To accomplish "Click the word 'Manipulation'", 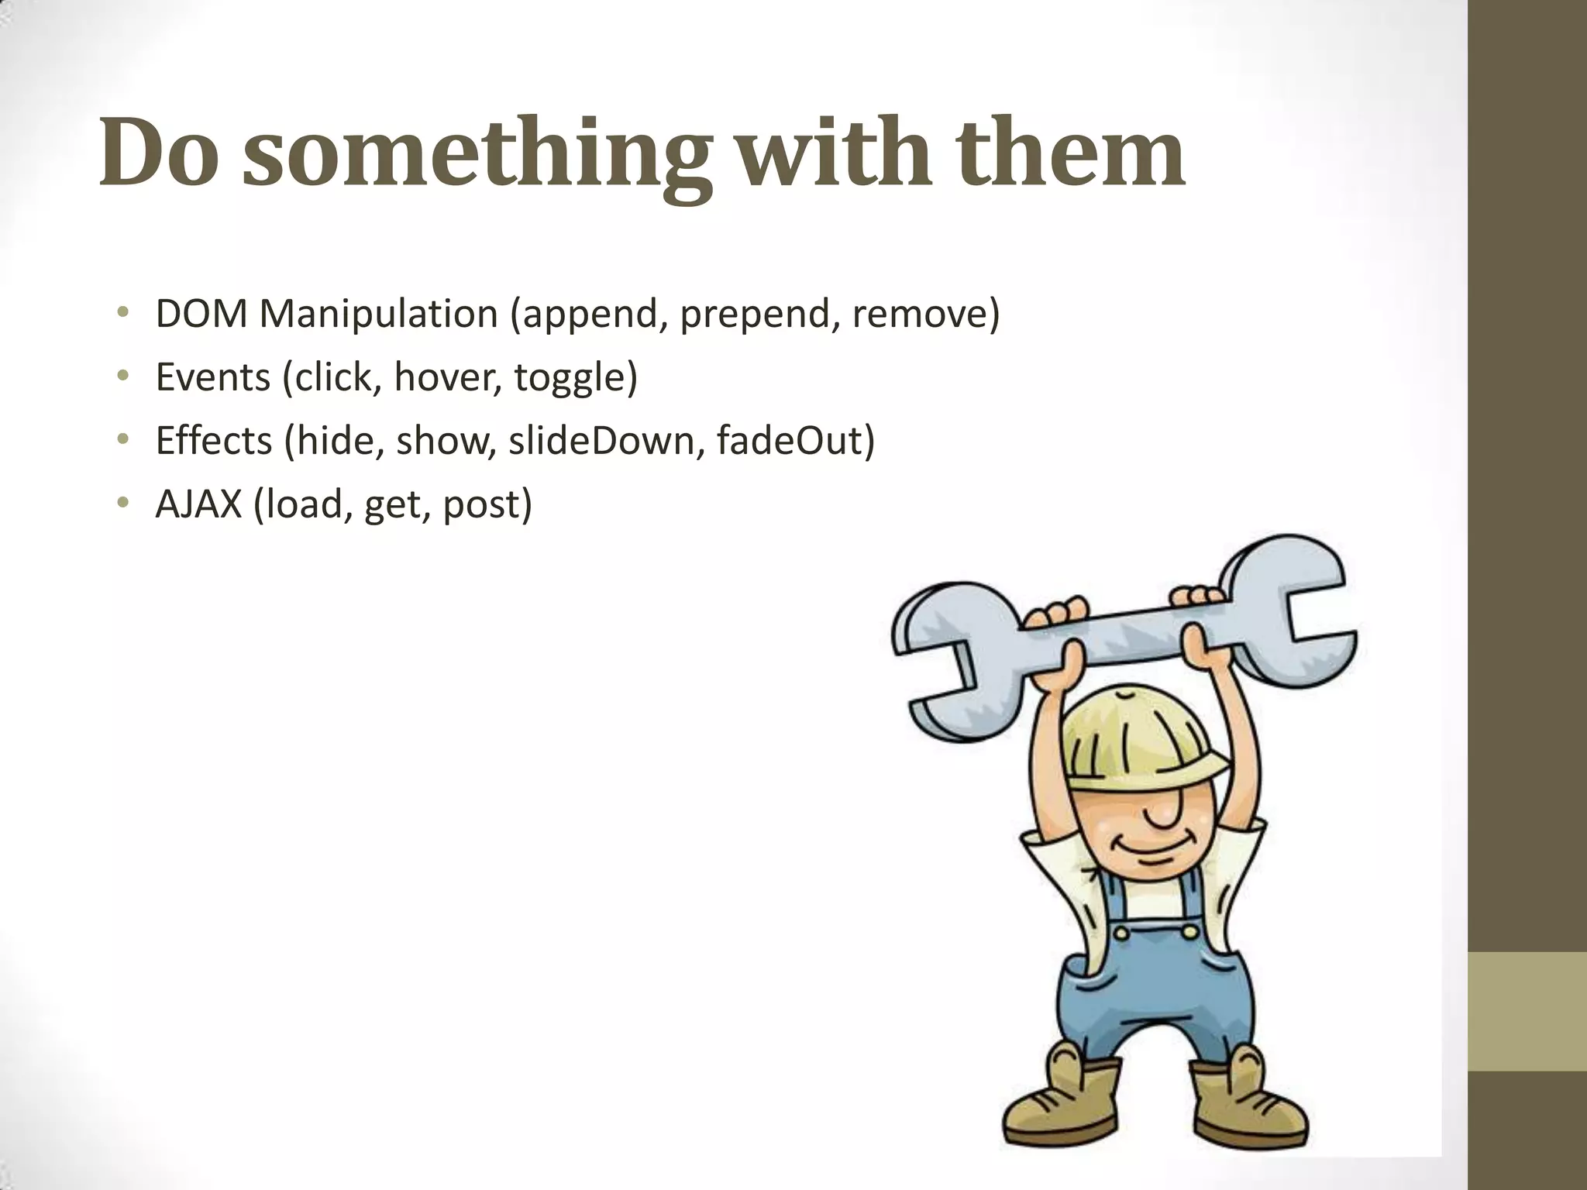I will point(378,314).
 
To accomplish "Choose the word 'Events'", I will point(212,377).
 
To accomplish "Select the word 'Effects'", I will point(213,441).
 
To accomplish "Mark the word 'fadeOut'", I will point(790,441).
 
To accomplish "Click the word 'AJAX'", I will point(198,504).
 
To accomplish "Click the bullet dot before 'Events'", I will point(122,377).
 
